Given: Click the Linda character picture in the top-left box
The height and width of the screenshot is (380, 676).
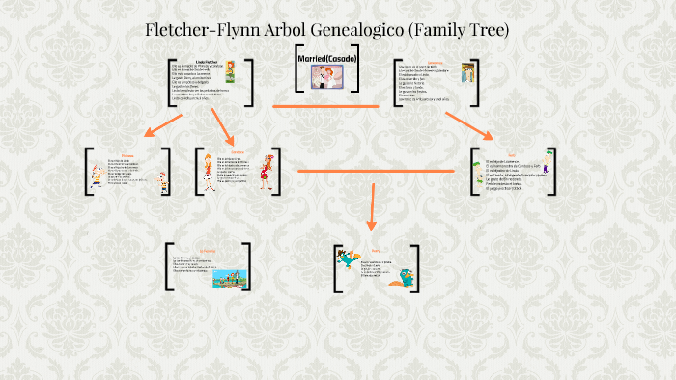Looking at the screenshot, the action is pyautogui.click(x=233, y=81).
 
